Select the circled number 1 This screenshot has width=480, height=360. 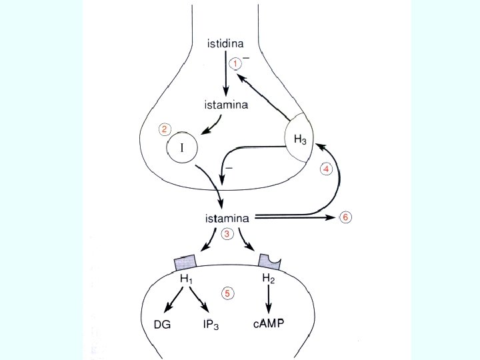coord(235,63)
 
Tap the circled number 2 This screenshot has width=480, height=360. coord(165,129)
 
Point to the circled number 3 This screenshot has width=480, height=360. coord(227,234)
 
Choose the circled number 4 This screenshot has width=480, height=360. coord(326,169)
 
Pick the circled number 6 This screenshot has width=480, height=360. coord(346,217)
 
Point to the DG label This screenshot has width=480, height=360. coord(162,325)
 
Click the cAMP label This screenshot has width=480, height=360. coord(269,325)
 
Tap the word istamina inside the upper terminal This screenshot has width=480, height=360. coord(226,105)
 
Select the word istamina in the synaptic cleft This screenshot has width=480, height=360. coord(227,217)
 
